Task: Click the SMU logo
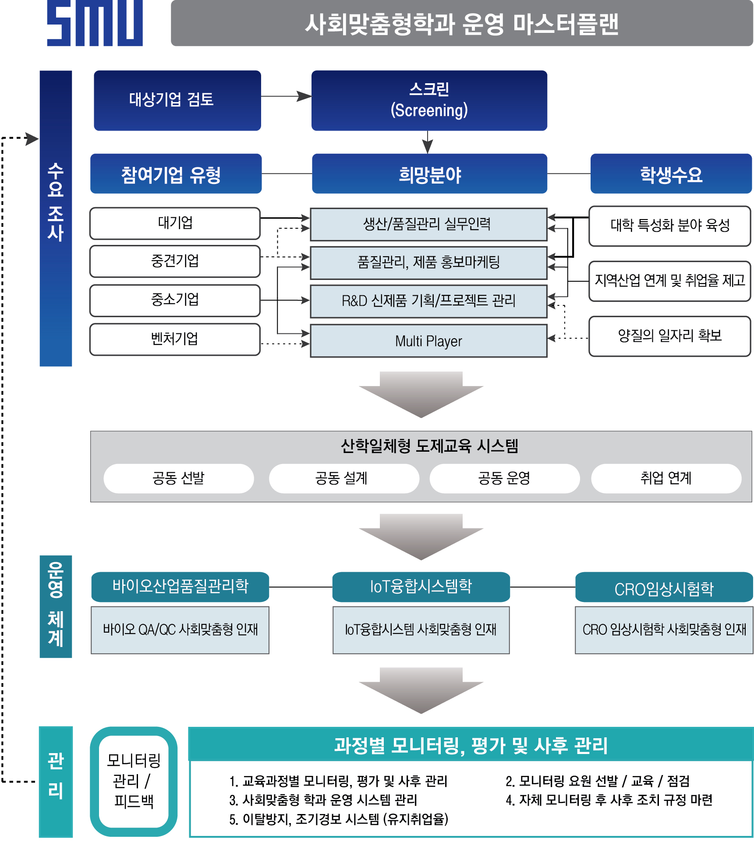click(95, 23)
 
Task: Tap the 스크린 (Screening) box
click(429, 100)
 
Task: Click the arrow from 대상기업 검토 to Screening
click(286, 96)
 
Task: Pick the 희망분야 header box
click(429, 174)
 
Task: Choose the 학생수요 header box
click(671, 174)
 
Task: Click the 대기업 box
click(175, 223)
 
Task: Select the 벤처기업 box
click(175, 339)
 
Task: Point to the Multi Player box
click(428, 341)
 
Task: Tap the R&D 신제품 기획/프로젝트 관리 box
click(428, 301)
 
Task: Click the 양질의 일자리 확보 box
click(669, 336)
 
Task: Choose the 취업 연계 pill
click(666, 478)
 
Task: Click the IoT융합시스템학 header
click(421, 587)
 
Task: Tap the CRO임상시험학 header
click(664, 588)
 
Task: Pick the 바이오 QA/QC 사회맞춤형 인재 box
click(180, 630)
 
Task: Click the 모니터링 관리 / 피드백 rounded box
click(134, 781)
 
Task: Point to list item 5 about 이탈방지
click(339, 819)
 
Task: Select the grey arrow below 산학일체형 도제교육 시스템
click(421, 537)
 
